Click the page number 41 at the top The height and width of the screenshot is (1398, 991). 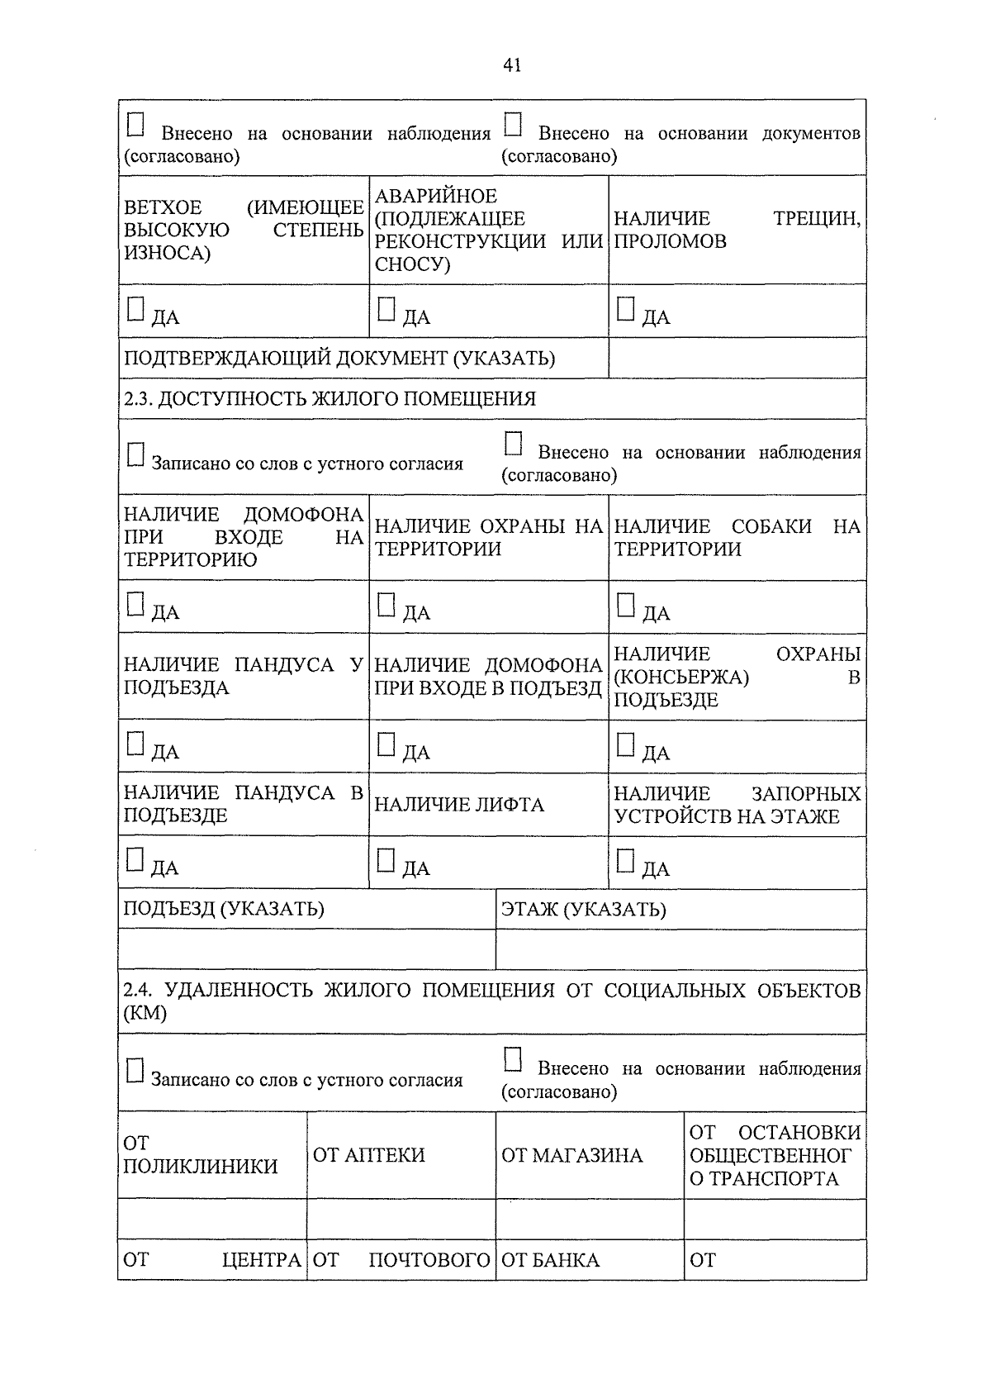511,65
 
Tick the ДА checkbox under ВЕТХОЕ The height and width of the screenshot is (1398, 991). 135,309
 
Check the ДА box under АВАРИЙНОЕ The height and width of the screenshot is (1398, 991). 386,309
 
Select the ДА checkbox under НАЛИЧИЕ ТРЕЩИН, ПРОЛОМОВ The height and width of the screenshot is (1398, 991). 626,309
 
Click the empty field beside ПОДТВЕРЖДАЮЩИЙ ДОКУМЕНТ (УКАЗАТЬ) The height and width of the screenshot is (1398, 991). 737,358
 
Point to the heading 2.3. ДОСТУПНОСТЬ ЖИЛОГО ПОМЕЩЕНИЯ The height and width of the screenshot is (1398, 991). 330,399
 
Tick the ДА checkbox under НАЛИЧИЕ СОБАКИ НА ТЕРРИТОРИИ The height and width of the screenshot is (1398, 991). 626,605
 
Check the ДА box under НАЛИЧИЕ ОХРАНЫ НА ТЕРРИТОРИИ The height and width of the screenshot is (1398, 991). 386,605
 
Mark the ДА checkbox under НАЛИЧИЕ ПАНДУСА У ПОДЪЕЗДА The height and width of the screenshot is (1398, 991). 135,744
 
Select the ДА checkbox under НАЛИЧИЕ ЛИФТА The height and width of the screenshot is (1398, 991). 386,860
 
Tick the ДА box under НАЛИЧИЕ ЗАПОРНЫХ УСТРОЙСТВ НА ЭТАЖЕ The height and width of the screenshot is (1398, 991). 626,860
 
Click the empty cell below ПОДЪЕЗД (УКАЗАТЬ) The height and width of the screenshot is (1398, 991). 306,949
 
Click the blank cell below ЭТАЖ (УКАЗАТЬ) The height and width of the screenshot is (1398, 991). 680,949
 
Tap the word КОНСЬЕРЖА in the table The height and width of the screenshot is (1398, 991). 681,678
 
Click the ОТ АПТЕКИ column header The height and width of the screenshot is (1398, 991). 369,1155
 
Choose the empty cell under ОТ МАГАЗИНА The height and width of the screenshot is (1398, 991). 590,1219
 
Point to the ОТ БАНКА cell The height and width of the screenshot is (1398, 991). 551,1260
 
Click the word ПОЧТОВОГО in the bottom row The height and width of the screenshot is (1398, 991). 429,1260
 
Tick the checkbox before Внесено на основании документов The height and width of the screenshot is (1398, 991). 513,125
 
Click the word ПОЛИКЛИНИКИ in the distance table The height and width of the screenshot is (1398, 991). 201,1167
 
